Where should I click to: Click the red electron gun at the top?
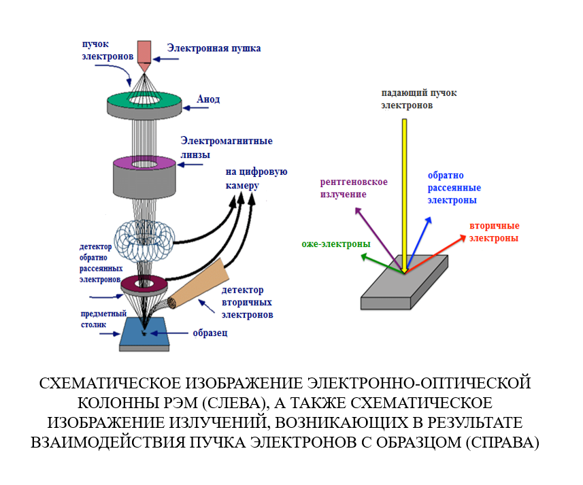145,52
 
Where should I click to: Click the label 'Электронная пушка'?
214,48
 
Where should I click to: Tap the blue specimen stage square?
146,334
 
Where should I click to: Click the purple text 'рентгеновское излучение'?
354,188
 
